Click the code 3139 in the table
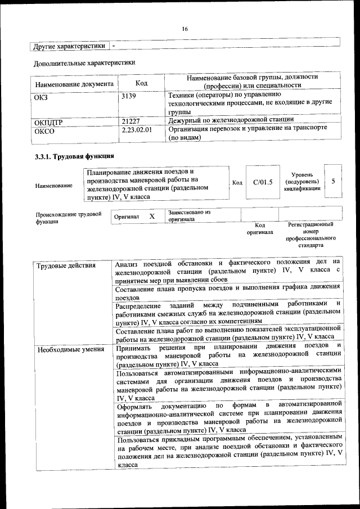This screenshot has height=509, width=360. click(129, 96)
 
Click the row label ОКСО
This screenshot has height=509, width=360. click(44, 130)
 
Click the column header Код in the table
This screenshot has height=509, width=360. click(141, 83)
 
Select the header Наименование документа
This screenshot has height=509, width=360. click(74, 84)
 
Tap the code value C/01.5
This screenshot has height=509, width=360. click(263, 182)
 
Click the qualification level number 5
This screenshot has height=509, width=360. click(334, 181)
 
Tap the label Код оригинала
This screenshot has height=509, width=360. click(259, 228)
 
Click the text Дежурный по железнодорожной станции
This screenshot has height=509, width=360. click(231, 120)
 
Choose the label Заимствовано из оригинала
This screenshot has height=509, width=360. click(188, 215)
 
